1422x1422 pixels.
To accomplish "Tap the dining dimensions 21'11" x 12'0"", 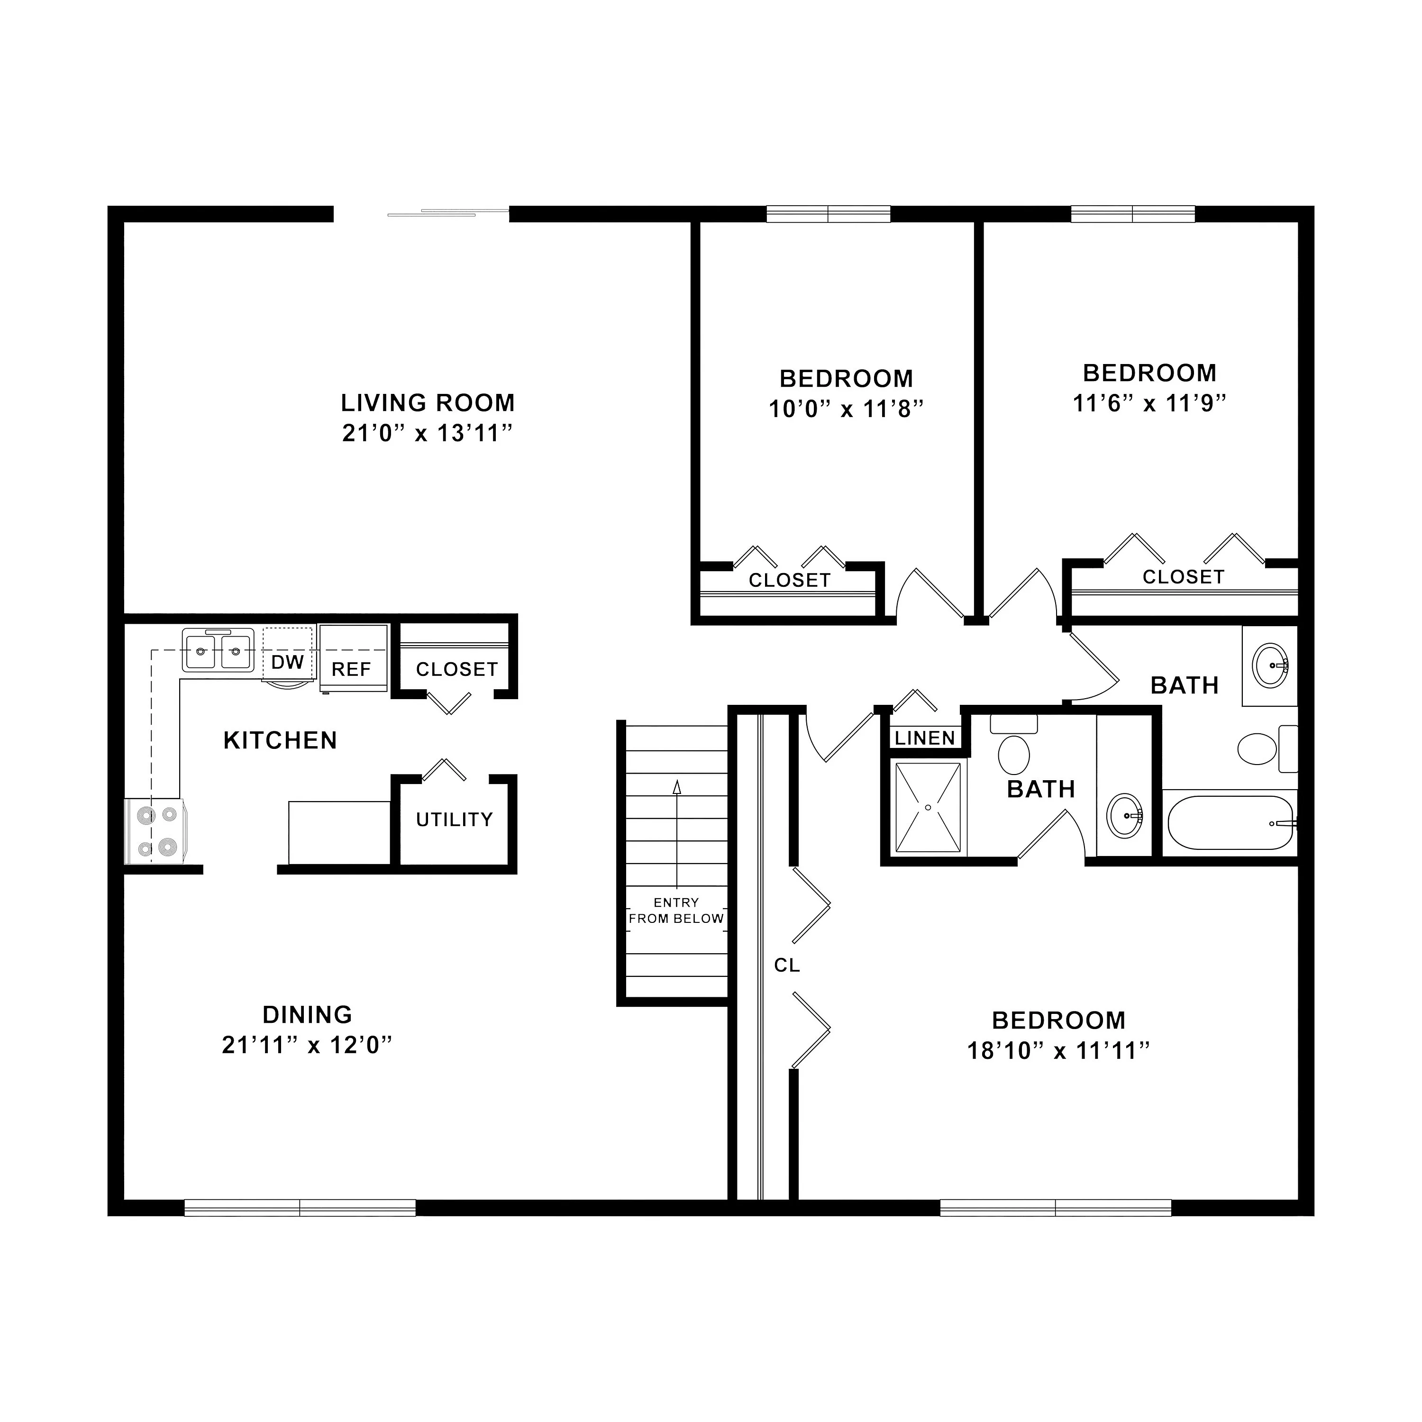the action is (307, 1045).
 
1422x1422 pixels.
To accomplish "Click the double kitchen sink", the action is (218, 649).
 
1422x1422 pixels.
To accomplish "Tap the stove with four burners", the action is (156, 831).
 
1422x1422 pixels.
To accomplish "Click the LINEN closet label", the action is (925, 738).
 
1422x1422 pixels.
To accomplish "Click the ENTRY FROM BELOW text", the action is (676, 911).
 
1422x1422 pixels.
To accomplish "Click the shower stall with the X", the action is (928, 807).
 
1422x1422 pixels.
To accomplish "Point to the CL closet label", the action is (787, 965).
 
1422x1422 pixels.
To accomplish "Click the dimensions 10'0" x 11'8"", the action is (846, 409).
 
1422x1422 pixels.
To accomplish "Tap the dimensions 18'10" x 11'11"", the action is (1058, 1051).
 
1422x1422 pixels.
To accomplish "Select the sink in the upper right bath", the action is (1270, 665).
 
